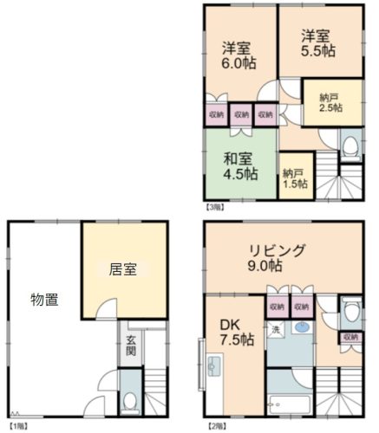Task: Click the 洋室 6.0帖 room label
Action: click(x=239, y=55)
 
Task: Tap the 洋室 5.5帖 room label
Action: click(x=318, y=43)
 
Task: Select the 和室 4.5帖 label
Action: click(x=240, y=166)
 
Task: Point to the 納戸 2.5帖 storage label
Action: click(x=331, y=103)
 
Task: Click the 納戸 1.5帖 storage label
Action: click(x=295, y=179)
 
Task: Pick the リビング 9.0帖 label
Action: click(x=277, y=258)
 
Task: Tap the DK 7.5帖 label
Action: click(x=237, y=332)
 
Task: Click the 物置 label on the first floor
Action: click(x=44, y=300)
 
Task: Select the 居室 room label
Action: click(x=123, y=269)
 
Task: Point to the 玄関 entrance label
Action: click(x=130, y=346)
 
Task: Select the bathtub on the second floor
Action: click(x=290, y=404)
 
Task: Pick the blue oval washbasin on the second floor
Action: click(x=302, y=327)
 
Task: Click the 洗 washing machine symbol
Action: click(x=276, y=329)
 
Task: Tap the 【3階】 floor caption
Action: click(x=215, y=207)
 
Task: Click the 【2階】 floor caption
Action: click(x=217, y=425)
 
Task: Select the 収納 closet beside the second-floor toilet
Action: click(x=350, y=337)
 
